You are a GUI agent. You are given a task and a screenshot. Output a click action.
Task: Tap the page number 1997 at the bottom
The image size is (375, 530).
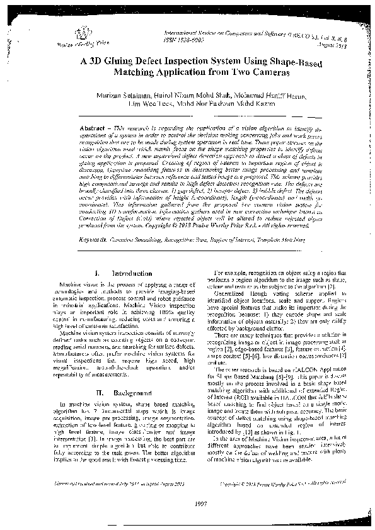[x=187, y=505]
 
